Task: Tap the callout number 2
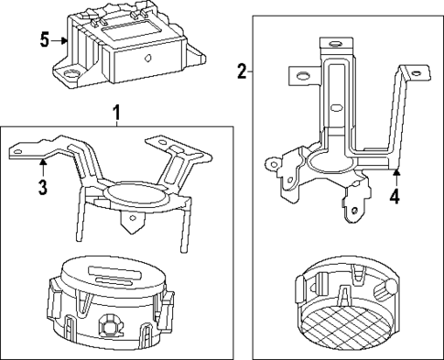pos(242,71)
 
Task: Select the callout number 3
pos(43,188)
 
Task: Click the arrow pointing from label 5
pos(63,39)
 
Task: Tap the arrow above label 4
pos(395,174)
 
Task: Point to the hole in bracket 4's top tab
pos(333,43)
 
